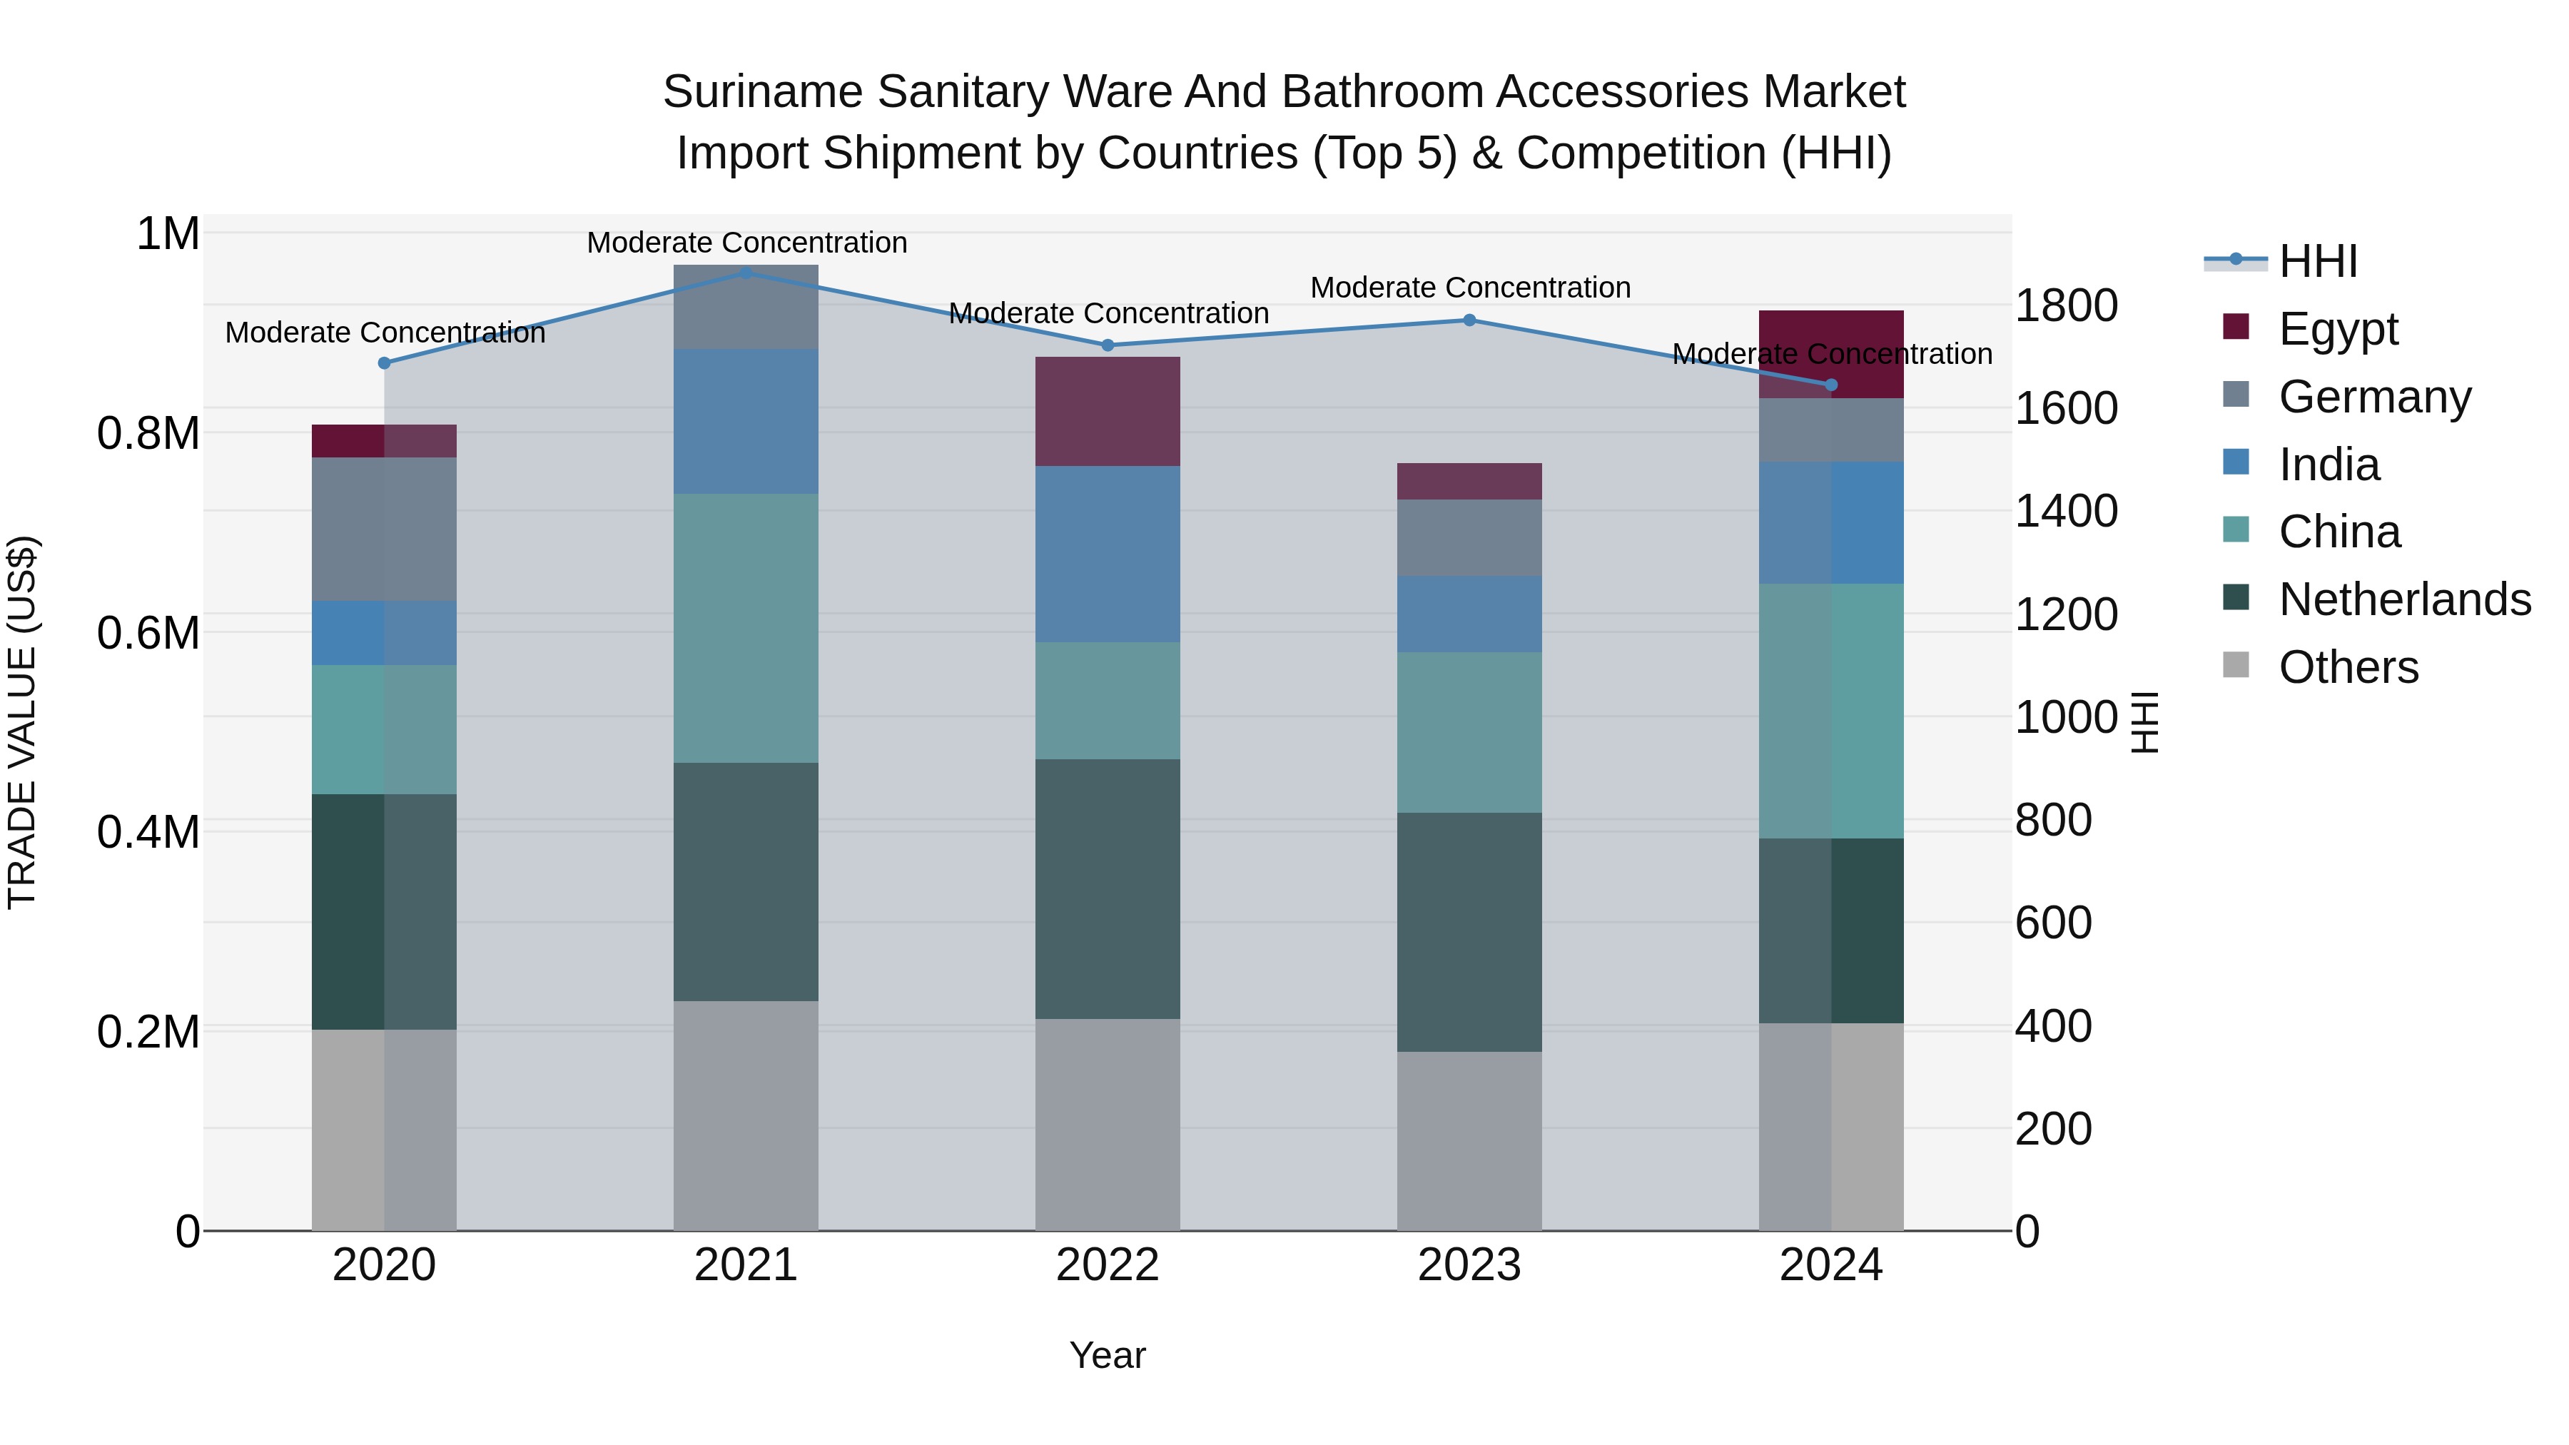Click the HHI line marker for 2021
(746, 273)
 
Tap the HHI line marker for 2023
(1469, 320)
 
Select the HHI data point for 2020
(384, 363)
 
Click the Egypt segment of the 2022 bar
(1107, 411)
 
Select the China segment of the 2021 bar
(746, 628)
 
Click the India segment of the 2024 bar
(1831, 522)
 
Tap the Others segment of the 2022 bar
(1107, 1124)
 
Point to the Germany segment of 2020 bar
(384, 529)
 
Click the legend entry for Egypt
(2338, 328)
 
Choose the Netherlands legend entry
(2403, 599)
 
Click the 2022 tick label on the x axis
(1107, 1265)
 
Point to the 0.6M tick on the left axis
(148, 632)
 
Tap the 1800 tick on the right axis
(2065, 305)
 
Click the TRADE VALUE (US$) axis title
(22, 722)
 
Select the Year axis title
(1107, 1355)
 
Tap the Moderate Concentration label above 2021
(746, 243)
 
